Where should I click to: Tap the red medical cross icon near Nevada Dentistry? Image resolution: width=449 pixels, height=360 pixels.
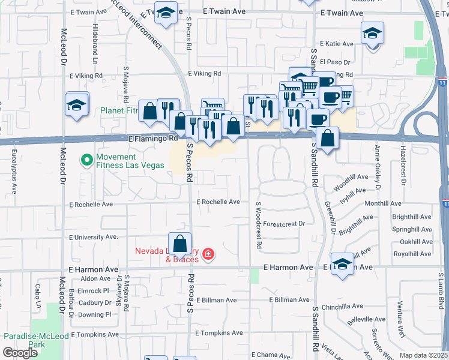coord(208,255)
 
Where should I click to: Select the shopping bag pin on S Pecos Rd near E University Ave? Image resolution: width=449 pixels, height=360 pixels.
coord(179,244)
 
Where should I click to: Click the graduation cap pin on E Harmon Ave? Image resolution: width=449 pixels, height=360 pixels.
coord(342,265)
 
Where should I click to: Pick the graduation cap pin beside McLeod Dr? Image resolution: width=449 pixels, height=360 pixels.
coord(77,106)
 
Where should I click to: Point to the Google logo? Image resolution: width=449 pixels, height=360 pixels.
coord(20,352)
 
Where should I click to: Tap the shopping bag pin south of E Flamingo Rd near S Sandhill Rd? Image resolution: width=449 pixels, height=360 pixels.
coord(327,139)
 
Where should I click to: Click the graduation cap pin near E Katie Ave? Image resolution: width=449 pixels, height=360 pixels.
coord(372,33)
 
